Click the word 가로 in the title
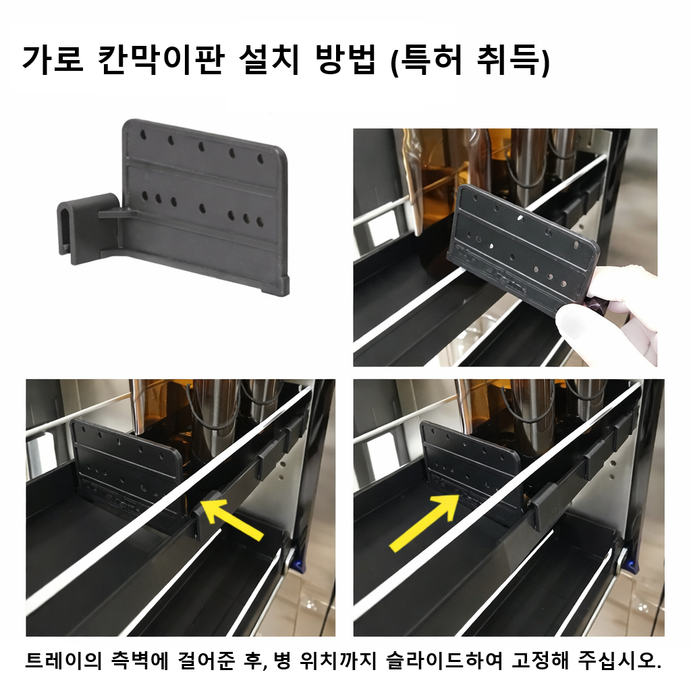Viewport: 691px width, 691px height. [x=52, y=59]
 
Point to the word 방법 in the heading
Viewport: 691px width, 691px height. [x=346, y=59]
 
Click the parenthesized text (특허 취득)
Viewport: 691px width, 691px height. [x=471, y=60]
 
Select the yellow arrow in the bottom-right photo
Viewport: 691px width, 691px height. [x=424, y=522]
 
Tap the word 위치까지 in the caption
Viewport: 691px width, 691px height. [x=337, y=661]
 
